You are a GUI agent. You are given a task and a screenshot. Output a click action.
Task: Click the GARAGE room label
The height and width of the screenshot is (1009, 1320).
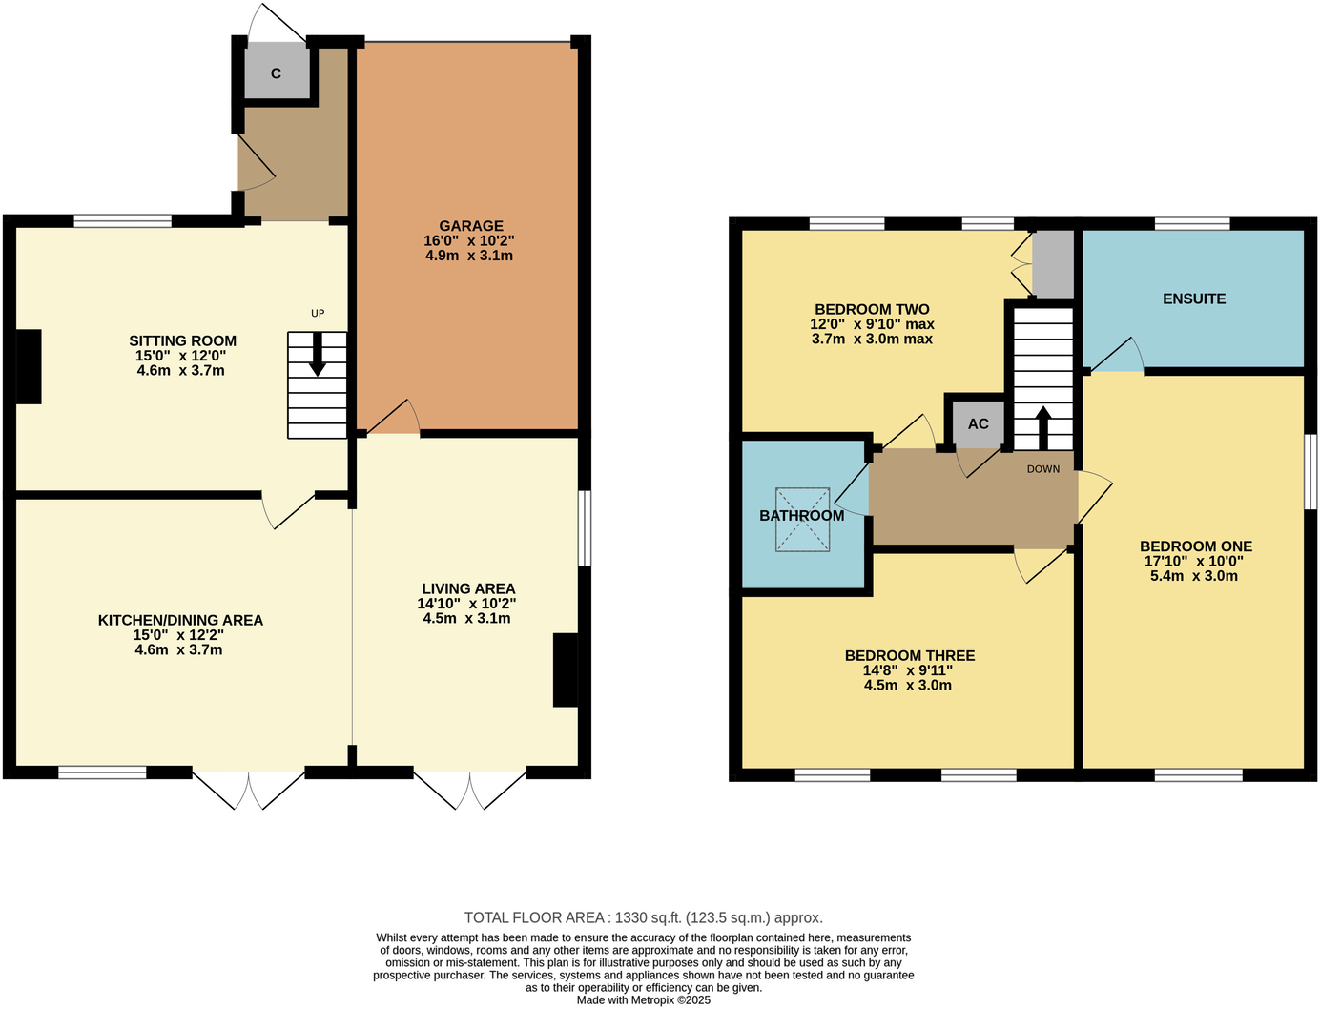coord(470,227)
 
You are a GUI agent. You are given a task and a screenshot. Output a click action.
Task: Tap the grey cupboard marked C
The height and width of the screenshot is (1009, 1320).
coord(277,72)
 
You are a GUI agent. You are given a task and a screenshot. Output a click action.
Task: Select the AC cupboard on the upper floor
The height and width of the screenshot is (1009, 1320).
coord(978,423)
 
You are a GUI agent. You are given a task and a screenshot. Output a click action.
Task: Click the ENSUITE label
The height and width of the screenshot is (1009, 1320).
coord(1193,299)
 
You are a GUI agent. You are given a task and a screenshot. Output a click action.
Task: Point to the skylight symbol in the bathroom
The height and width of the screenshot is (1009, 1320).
coord(802,520)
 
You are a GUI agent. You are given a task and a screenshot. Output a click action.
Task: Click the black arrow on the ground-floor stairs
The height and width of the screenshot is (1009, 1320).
coord(318,354)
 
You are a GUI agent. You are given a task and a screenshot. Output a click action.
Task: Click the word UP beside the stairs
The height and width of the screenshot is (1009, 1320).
coord(318,314)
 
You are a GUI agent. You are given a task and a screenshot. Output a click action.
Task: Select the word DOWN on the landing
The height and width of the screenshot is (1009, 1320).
coord(1042,469)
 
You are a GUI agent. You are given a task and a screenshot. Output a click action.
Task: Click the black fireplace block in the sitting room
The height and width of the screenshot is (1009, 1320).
coord(29,366)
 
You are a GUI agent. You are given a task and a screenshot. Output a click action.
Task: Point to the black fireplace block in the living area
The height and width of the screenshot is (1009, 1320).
coord(566,670)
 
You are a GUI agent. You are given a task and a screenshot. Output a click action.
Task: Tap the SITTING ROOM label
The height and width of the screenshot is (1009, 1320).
coord(182,340)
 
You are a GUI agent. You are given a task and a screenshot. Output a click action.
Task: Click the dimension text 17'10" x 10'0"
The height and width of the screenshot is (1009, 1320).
coord(1195,562)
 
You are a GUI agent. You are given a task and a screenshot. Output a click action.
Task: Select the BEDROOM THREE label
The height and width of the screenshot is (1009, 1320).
coord(909,655)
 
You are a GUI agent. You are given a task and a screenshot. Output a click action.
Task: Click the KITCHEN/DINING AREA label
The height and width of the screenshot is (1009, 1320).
coord(180,620)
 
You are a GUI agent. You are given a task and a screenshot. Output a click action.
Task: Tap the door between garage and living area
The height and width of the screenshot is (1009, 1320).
coord(393,418)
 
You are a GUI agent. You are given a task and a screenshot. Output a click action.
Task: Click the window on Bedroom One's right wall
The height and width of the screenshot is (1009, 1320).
coord(1310,471)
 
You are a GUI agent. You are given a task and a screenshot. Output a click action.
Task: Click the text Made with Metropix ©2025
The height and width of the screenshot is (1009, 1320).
coord(643,1000)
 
